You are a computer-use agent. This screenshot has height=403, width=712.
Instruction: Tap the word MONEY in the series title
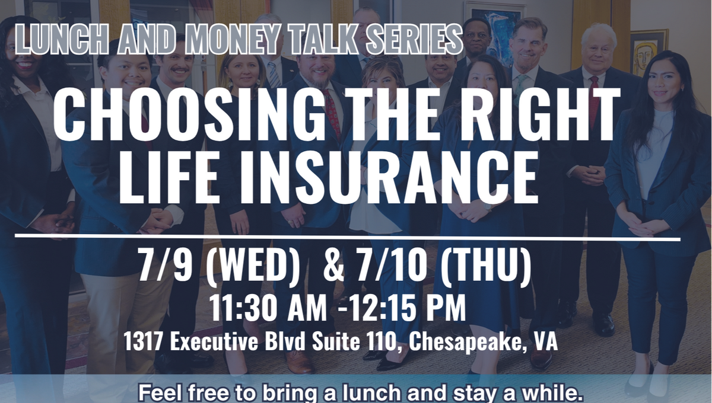point(233,39)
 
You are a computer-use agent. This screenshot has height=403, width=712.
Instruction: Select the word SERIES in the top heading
point(414,39)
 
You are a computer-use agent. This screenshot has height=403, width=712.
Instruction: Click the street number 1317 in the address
point(144,341)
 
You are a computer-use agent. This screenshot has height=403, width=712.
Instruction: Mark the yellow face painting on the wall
point(646,54)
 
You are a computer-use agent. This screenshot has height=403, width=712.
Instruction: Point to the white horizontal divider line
point(348,237)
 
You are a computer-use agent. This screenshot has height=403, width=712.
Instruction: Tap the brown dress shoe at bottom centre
point(299,362)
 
